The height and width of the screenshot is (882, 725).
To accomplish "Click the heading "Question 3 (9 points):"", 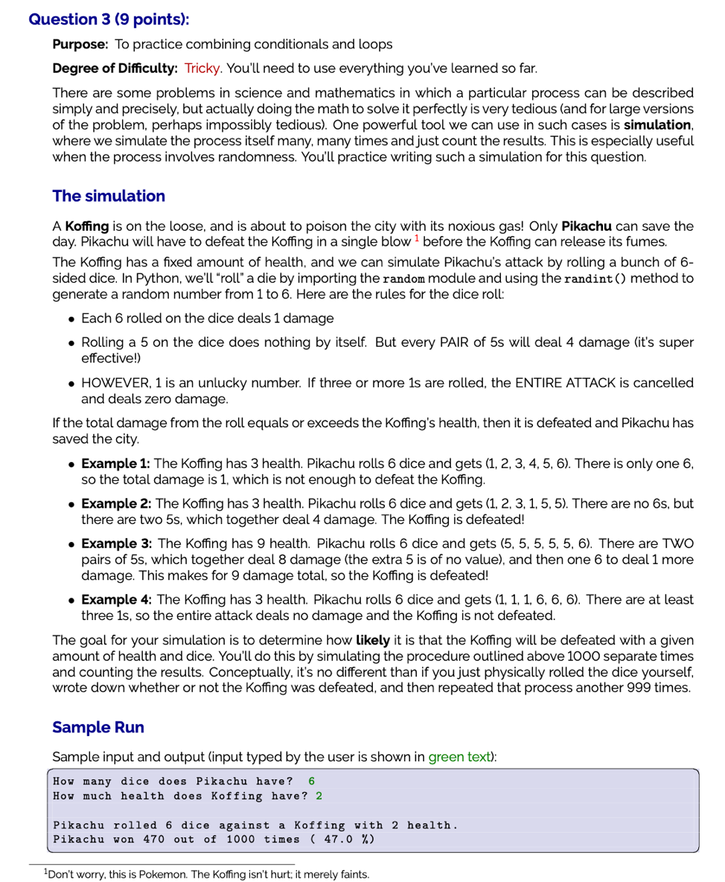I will click(109, 19).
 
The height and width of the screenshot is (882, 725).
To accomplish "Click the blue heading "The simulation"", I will click(109, 196).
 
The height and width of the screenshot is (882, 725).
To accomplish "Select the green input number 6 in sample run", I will click(311, 781).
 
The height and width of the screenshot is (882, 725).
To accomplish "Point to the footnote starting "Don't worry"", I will click(208, 874).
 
